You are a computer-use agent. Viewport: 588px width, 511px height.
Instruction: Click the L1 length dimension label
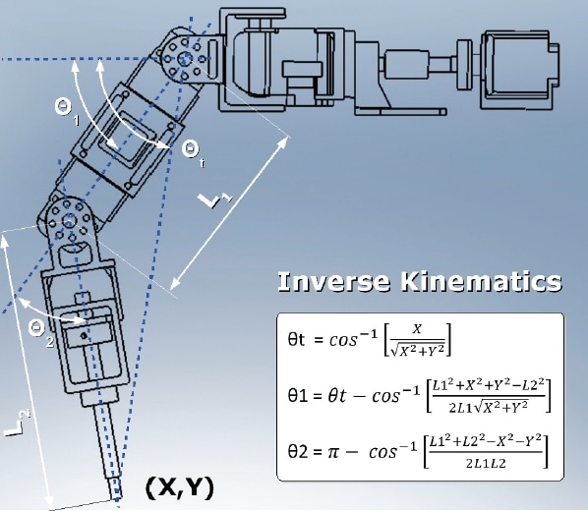pos(214,203)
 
